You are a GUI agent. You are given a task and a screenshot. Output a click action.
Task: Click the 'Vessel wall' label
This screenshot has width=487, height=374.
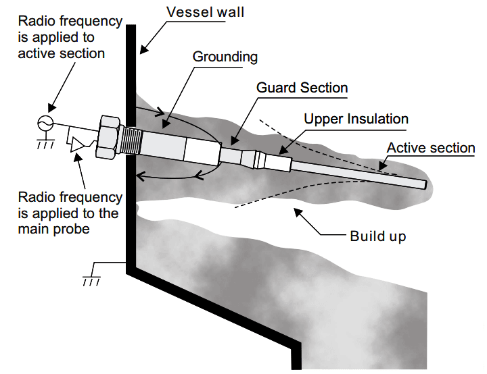[x=205, y=12]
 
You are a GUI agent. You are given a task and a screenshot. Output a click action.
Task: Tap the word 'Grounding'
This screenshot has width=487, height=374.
[x=225, y=57]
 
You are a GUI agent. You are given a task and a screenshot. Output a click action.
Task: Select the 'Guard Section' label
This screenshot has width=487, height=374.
[x=302, y=88]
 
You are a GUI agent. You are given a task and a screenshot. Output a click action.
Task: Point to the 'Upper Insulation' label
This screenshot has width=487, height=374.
[x=356, y=119]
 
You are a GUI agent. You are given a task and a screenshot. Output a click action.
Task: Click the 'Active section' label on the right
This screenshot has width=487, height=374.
[x=431, y=148]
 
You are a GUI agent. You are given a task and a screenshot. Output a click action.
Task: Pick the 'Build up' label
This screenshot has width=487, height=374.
[x=378, y=236]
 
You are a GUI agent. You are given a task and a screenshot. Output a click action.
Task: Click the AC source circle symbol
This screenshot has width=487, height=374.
[x=45, y=123]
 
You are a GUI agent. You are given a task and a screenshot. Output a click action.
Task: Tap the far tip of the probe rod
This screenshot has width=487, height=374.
[x=426, y=185]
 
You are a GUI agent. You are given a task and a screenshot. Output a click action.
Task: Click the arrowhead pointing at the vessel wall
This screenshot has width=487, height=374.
[x=144, y=49]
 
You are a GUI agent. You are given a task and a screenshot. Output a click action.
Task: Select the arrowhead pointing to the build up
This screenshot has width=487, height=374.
[x=298, y=213]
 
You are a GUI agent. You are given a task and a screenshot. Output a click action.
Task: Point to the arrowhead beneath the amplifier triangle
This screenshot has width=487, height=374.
[x=77, y=157]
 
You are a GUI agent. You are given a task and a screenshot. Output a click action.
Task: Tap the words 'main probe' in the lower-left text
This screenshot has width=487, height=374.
[x=53, y=230]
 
